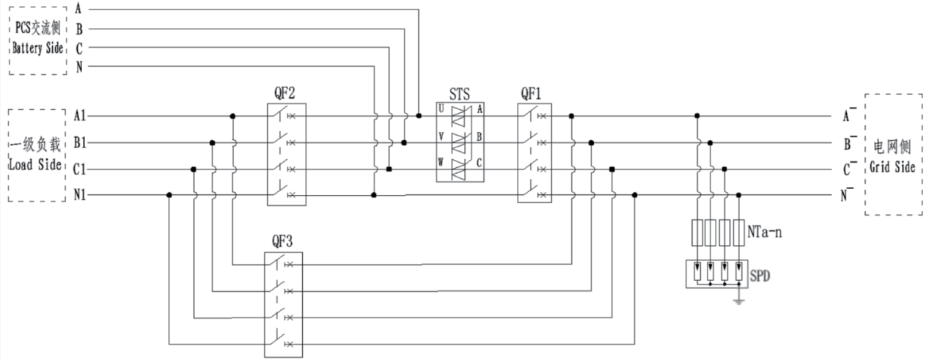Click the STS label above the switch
(x=460, y=94)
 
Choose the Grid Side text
(x=892, y=167)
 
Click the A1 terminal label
(x=81, y=115)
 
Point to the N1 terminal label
(x=81, y=195)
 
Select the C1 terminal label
(x=81, y=169)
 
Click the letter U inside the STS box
(x=441, y=108)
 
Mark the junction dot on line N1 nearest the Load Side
(x=169, y=195)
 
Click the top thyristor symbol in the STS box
(x=459, y=114)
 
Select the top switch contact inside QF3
(x=280, y=263)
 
